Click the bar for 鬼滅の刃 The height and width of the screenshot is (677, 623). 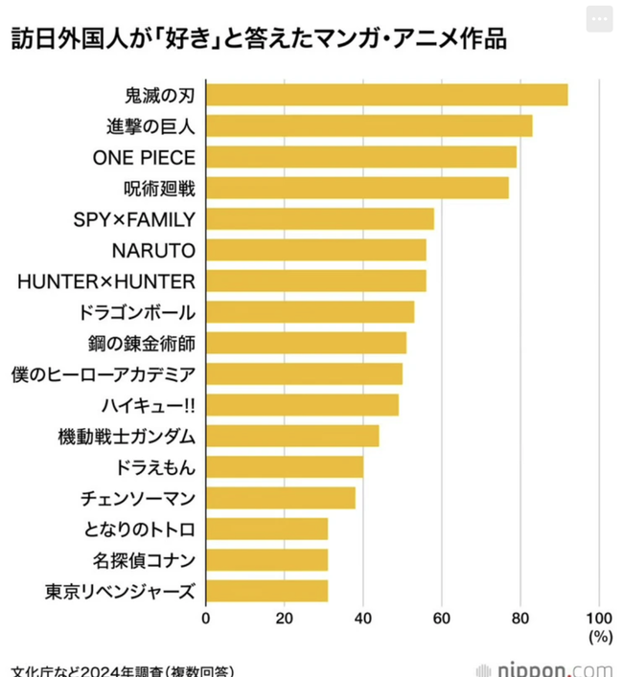click(386, 95)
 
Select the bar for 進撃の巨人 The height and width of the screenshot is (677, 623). click(369, 125)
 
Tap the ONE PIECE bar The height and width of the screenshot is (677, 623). click(361, 157)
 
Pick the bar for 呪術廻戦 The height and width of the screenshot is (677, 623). click(358, 188)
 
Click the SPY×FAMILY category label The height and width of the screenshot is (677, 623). click(134, 219)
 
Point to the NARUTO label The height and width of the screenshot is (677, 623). click(153, 250)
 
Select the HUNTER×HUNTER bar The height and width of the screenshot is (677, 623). click(316, 281)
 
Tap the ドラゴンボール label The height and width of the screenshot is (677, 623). click(138, 312)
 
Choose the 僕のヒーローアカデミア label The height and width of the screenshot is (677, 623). click(104, 373)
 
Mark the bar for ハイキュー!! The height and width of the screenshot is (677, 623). click(302, 405)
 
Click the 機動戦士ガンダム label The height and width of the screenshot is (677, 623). click(127, 437)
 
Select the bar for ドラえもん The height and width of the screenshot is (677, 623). click(285, 467)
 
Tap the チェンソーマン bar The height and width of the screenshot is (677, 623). click(281, 498)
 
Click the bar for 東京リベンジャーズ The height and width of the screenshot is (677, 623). click(266, 591)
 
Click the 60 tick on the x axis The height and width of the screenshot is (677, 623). click(442, 618)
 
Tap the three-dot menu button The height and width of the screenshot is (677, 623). click(601, 20)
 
